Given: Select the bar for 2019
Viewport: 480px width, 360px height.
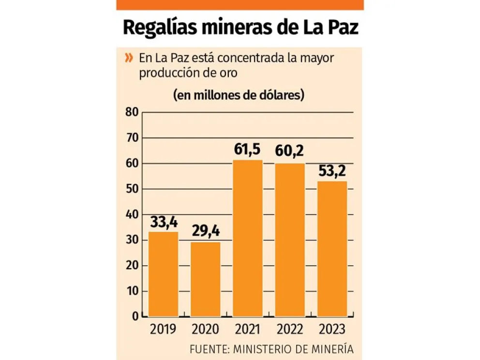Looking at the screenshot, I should coord(163,274).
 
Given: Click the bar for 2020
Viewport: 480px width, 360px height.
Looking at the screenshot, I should coord(205,279).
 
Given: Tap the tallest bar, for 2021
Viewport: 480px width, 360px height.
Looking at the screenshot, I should coord(248,238).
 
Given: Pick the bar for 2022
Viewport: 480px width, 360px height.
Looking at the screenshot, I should coord(290,240).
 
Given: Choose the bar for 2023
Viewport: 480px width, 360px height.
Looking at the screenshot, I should coord(332,249).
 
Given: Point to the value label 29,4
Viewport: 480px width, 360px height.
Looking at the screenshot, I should coord(205,232).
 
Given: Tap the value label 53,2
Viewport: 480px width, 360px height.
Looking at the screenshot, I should coord(332,171).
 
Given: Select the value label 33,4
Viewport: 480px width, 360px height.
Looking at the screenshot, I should coord(164,223).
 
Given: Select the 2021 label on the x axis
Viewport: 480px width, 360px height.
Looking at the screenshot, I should coord(248,330).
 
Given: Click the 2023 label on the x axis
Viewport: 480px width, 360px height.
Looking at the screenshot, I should coord(332,330).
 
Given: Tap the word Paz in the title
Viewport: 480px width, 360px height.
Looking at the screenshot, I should coord(341,28).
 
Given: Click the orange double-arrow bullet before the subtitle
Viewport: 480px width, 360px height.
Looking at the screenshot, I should coord(129,59).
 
